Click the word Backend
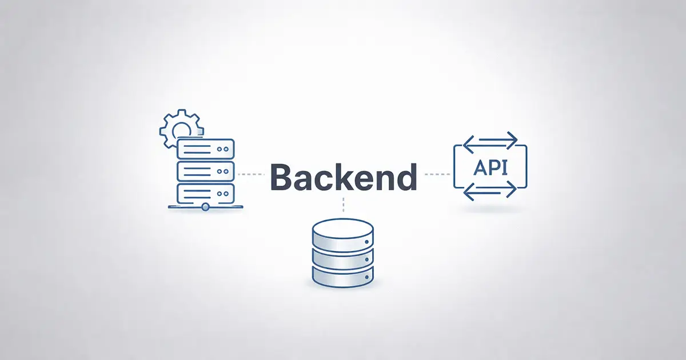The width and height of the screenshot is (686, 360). point(344,177)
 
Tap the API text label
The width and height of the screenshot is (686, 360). point(490,168)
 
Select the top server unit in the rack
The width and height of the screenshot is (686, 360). point(205,149)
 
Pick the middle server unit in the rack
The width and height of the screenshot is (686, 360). point(205,171)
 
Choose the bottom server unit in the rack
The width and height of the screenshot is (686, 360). point(205,194)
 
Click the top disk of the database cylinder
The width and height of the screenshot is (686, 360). point(342,235)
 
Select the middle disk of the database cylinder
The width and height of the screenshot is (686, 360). point(342,259)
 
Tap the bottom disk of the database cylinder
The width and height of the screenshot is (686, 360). point(342,277)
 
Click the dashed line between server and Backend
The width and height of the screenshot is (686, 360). point(251,174)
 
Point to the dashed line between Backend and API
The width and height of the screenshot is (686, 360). point(437,174)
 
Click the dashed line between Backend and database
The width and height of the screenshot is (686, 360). point(344,205)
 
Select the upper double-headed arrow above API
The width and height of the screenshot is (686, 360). point(490,140)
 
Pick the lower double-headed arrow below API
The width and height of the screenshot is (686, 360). point(490,190)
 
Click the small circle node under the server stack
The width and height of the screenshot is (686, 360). point(205,207)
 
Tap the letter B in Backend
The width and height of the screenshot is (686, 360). point(282,177)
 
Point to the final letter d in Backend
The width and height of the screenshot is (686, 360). point(406,177)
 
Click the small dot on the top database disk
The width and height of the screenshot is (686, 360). point(366,242)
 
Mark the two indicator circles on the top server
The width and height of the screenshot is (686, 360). point(222,149)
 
